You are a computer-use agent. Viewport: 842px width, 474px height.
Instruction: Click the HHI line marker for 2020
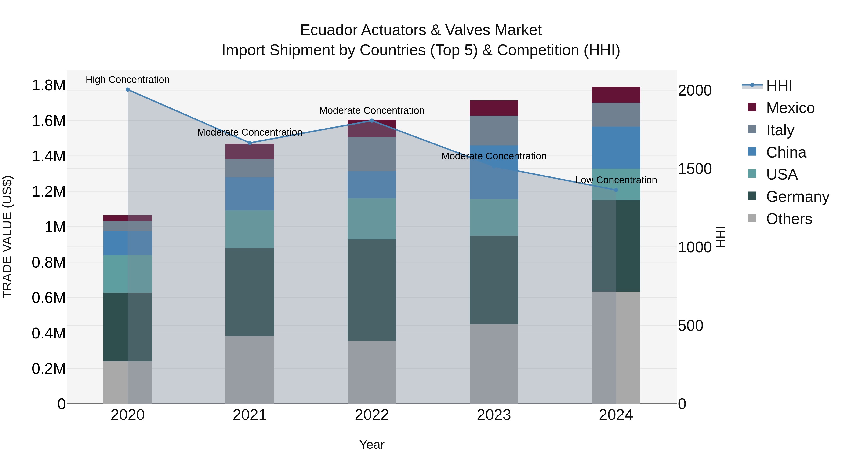coord(128,90)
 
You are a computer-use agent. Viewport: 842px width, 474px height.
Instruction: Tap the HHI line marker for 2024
coord(616,190)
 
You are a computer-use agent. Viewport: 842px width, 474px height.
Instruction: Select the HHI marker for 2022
coord(372,121)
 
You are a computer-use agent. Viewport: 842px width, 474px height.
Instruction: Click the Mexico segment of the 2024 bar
coord(616,95)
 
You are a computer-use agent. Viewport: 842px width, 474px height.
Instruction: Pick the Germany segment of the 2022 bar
coord(372,290)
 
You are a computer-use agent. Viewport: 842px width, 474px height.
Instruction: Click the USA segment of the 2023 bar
coord(494,217)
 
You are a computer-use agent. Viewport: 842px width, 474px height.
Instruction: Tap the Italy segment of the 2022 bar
coord(372,154)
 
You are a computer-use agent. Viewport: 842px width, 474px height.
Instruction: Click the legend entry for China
coord(786,152)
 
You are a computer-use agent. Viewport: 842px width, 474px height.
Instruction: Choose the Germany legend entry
coord(797,197)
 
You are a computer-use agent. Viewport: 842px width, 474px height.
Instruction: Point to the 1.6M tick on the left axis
coord(48,121)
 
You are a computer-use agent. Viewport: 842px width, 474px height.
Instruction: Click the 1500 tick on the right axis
coord(695,169)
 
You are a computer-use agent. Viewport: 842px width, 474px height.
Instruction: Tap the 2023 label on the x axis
coord(494,415)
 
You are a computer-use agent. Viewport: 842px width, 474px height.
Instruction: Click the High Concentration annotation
coord(127,80)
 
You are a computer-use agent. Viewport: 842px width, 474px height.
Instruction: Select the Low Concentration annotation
coord(616,180)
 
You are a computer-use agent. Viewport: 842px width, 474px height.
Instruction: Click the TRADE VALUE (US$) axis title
coord(7,237)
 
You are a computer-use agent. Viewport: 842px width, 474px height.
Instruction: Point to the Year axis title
coord(372,445)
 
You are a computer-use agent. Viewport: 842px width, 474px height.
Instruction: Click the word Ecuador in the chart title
coord(330,30)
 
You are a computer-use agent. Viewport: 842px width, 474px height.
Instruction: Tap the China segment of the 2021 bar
coord(250,194)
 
